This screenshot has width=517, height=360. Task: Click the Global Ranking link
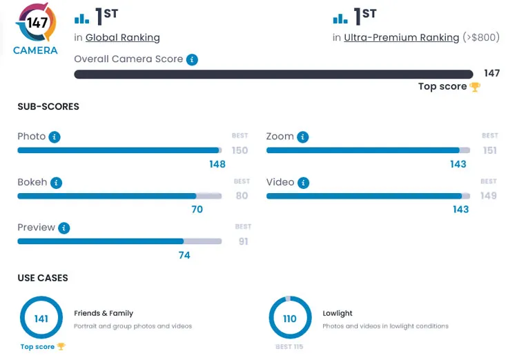[x=123, y=38]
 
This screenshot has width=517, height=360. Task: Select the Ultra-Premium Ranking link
[x=401, y=38]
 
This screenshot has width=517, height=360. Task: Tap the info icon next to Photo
[x=55, y=137]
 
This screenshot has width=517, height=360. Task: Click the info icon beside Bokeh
[x=57, y=183]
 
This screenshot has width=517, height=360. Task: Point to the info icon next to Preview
[x=64, y=228]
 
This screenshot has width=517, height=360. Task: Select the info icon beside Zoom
[x=303, y=137]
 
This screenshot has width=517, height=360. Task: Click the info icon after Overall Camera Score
[x=193, y=59]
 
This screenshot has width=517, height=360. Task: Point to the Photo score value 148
[x=217, y=164]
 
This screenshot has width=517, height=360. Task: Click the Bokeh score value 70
[x=197, y=210]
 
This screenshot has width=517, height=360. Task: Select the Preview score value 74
[x=184, y=255]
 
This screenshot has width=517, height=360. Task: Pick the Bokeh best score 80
[x=242, y=196]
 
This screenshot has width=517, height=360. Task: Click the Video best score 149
[x=489, y=196]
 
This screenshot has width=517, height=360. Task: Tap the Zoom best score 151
[x=489, y=150]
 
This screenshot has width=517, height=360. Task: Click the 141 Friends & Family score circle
[x=41, y=319]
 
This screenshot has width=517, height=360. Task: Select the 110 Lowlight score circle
[x=290, y=319]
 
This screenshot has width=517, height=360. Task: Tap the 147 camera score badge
[x=37, y=23]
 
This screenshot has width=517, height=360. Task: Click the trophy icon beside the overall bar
[x=475, y=87]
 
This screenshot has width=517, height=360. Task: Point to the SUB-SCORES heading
[x=48, y=107]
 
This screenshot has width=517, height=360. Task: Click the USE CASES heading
[x=43, y=278]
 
